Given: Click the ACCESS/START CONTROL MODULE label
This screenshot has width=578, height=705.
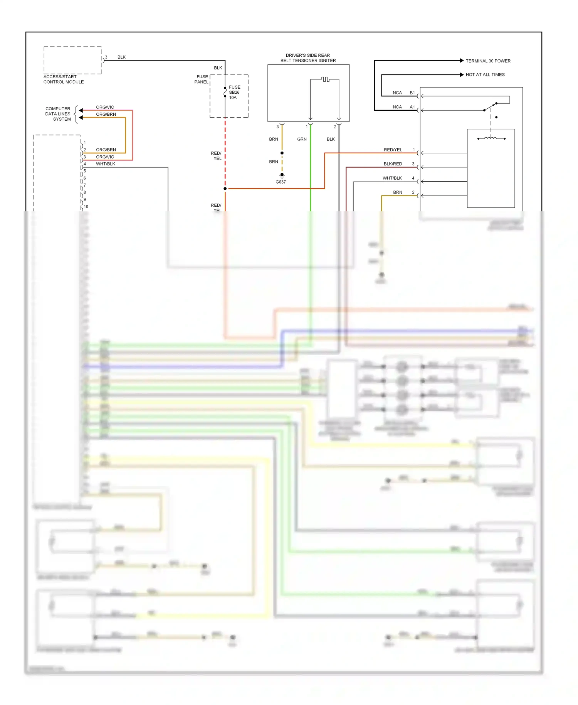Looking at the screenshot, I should (63, 79).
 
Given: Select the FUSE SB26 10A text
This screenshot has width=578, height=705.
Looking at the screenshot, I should (234, 93).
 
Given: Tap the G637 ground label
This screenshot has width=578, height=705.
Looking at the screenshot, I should (281, 182).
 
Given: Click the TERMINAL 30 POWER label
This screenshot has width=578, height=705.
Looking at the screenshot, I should (488, 61).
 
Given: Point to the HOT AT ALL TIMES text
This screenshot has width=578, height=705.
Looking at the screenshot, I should (485, 75).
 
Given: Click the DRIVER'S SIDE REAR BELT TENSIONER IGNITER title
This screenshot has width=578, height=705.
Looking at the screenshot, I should (308, 58).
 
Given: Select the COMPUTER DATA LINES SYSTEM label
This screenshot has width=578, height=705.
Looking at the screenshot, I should (58, 114).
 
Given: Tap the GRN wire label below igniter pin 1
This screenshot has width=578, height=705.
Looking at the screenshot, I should (302, 139).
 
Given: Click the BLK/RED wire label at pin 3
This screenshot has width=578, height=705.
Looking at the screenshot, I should (393, 164).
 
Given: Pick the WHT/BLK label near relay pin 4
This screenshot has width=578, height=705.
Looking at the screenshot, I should (392, 178).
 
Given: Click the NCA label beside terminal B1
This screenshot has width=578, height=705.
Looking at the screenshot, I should (397, 93).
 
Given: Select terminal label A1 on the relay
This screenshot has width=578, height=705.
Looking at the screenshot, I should (412, 107).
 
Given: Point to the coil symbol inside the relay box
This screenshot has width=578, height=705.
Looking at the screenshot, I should (491, 138).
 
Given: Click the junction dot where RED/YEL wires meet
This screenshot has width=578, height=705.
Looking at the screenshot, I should (225, 189).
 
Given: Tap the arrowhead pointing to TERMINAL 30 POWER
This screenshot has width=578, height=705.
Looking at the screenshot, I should (462, 61).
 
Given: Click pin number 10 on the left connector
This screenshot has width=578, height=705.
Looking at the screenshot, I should (86, 207).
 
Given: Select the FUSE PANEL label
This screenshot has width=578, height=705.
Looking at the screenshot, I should (201, 79).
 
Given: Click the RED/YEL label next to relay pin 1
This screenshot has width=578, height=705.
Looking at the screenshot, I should (393, 150).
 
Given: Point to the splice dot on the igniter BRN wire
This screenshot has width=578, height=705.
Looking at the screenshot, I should (282, 153).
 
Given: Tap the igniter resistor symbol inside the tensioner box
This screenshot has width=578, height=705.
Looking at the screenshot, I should (325, 79).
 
